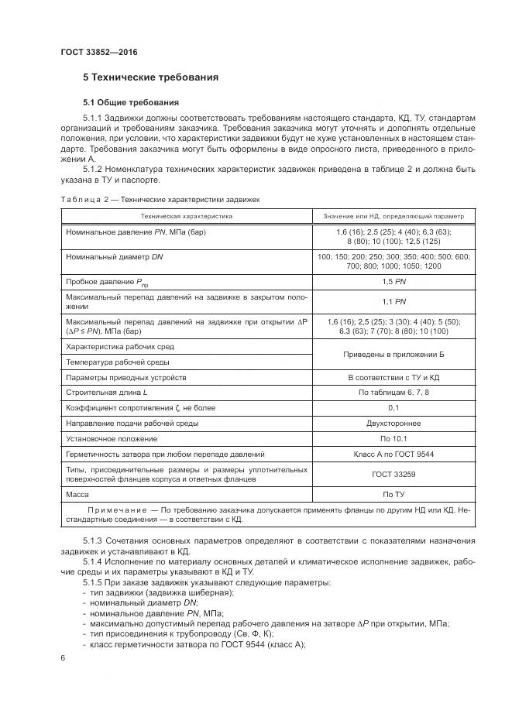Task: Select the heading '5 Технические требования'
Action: pos(150,77)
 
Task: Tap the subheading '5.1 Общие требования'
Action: pos(130,102)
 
